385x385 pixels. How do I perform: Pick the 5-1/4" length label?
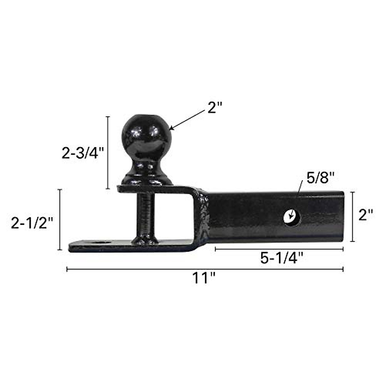pos(282,258)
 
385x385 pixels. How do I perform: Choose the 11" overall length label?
pos(204,278)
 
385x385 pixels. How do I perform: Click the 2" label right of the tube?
pos(366,215)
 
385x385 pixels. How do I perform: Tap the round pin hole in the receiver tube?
pos(292,218)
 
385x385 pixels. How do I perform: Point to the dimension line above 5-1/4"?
pos(279,249)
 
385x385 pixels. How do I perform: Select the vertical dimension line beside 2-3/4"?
pos(108,153)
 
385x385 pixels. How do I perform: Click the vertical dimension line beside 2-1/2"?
pos(60,219)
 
